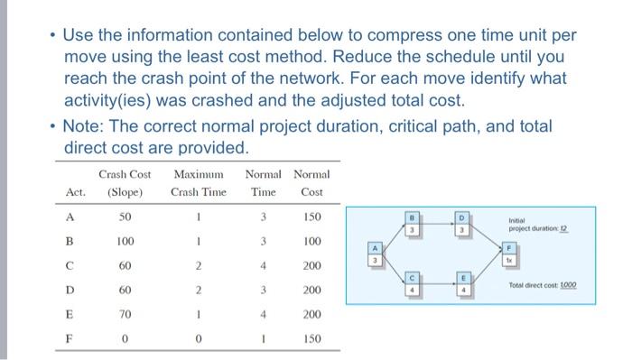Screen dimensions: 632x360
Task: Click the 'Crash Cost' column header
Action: [124, 173]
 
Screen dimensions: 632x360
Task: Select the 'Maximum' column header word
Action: [199, 173]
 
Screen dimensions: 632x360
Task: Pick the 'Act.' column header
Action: [76, 192]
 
